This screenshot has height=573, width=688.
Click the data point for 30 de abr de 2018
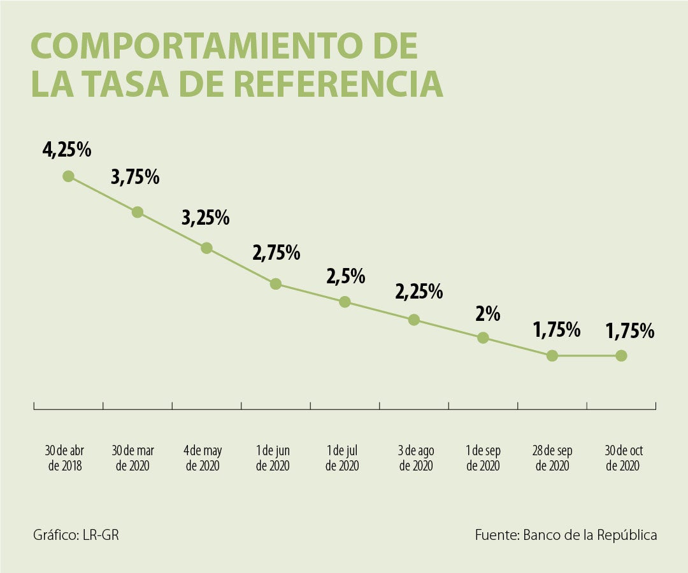[x=68, y=176]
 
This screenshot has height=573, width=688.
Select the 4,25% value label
[x=67, y=150]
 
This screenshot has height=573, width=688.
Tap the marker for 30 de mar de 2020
[x=137, y=212]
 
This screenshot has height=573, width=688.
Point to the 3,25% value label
[x=205, y=218]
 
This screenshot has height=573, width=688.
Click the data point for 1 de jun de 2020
[x=275, y=284]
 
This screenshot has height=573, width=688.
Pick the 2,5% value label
[x=346, y=277]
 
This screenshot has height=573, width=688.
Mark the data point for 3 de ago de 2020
[x=413, y=320]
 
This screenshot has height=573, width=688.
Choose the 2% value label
[x=487, y=314]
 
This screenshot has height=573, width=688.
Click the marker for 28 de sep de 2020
[x=552, y=356]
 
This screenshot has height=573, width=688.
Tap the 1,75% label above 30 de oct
[x=630, y=331]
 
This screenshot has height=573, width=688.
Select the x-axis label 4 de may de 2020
[x=203, y=458]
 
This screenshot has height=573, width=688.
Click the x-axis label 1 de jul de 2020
[x=342, y=458]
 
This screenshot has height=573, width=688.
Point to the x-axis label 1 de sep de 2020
[x=483, y=458]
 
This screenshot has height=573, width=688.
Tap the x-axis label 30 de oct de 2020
[x=624, y=458]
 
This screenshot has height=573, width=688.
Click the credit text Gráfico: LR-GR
[x=76, y=535]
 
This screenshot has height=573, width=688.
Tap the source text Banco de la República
[x=590, y=535]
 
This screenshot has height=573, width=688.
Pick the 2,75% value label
[x=276, y=253]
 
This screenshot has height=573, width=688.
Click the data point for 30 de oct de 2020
[x=621, y=356]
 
